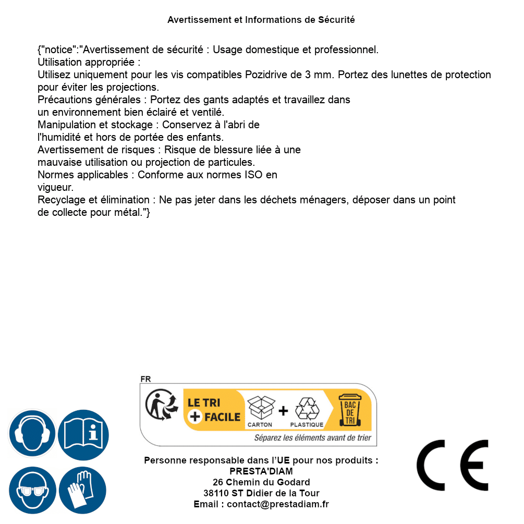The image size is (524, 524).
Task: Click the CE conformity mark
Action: click(x=453, y=466)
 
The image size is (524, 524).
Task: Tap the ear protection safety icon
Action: click(x=32, y=433)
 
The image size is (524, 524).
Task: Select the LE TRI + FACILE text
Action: click(x=214, y=410)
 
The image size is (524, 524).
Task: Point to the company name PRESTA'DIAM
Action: click(x=261, y=471)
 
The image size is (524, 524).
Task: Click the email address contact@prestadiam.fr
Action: click(x=278, y=504)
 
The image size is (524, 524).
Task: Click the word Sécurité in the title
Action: click(x=336, y=20)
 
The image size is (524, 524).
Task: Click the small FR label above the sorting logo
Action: click(x=145, y=380)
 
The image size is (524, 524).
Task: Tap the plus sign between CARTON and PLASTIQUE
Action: click(x=283, y=411)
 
